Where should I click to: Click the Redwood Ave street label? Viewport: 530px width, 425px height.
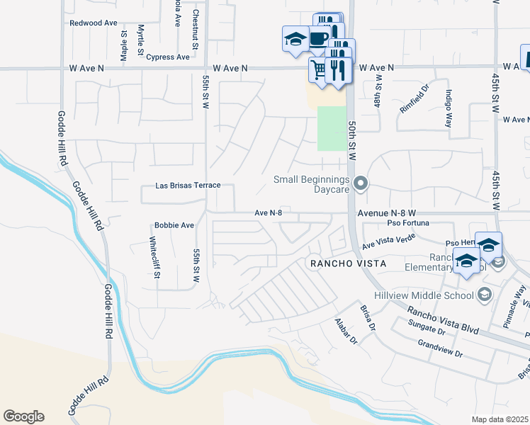(x=93, y=23)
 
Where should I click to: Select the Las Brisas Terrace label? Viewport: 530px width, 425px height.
(x=188, y=186)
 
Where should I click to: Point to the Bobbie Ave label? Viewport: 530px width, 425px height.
(x=174, y=225)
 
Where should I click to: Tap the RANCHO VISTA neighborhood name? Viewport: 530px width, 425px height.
(x=347, y=263)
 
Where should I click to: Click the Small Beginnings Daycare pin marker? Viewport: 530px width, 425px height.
(x=361, y=184)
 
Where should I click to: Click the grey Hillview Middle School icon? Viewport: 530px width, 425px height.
(x=485, y=294)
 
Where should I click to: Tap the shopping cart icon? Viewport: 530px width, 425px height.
(x=317, y=69)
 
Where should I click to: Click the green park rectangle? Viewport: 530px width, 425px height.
(x=331, y=128)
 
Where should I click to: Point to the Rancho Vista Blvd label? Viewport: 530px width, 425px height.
(x=442, y=320)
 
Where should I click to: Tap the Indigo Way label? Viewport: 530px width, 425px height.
(x=449, y=108)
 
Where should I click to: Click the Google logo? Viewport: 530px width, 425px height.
(x=23, y=416)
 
